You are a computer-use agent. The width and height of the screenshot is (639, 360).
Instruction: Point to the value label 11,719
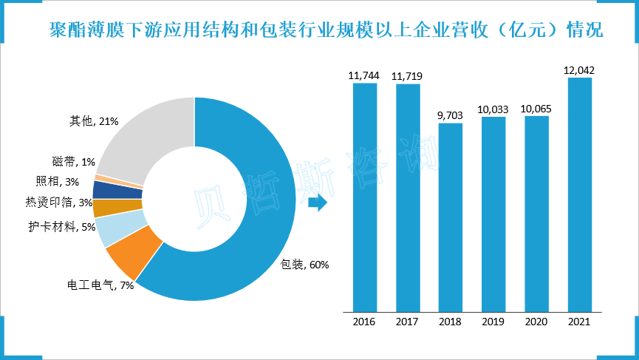tap(407, 76)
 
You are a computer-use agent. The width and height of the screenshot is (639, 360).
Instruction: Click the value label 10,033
tap(493, 109)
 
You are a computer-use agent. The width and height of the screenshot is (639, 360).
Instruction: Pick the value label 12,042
tap(579, 70)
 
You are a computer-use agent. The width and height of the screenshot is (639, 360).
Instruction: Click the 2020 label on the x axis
tap(536, 322)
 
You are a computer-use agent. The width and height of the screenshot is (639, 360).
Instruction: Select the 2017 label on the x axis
tap(407, 322)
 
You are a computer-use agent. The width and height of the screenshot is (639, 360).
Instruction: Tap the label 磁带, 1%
tap(74, 162)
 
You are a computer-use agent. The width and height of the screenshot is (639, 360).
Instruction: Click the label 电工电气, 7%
tap(100, 285)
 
